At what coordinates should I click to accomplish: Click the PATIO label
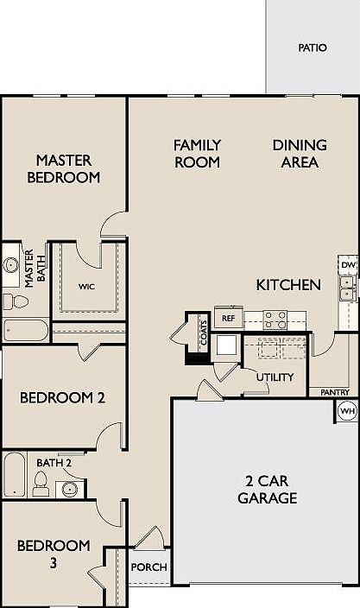[x=313, y=48]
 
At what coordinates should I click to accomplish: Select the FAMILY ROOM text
[x=198, y=153]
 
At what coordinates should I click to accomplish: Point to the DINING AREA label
[x=300, y=153]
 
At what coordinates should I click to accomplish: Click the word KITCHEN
[x=288, y=284]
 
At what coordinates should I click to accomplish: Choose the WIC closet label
[x=86, y=285]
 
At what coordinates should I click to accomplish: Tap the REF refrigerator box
[x=229, y=318]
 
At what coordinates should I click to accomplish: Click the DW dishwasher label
[x=348, y=264]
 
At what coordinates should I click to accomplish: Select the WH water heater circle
[x=347, y=411]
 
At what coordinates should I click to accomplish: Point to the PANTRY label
[x=334, y=392]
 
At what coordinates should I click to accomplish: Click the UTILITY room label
[x=275, y=377]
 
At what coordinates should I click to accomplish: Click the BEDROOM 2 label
[x=62, y=398]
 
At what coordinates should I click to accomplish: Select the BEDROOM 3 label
[x=54, y=554]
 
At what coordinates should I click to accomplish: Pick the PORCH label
[x=148, y=567]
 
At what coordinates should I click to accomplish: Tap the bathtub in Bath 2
[x=15, y=475]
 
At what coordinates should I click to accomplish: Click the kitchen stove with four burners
[x=275, y=319]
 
